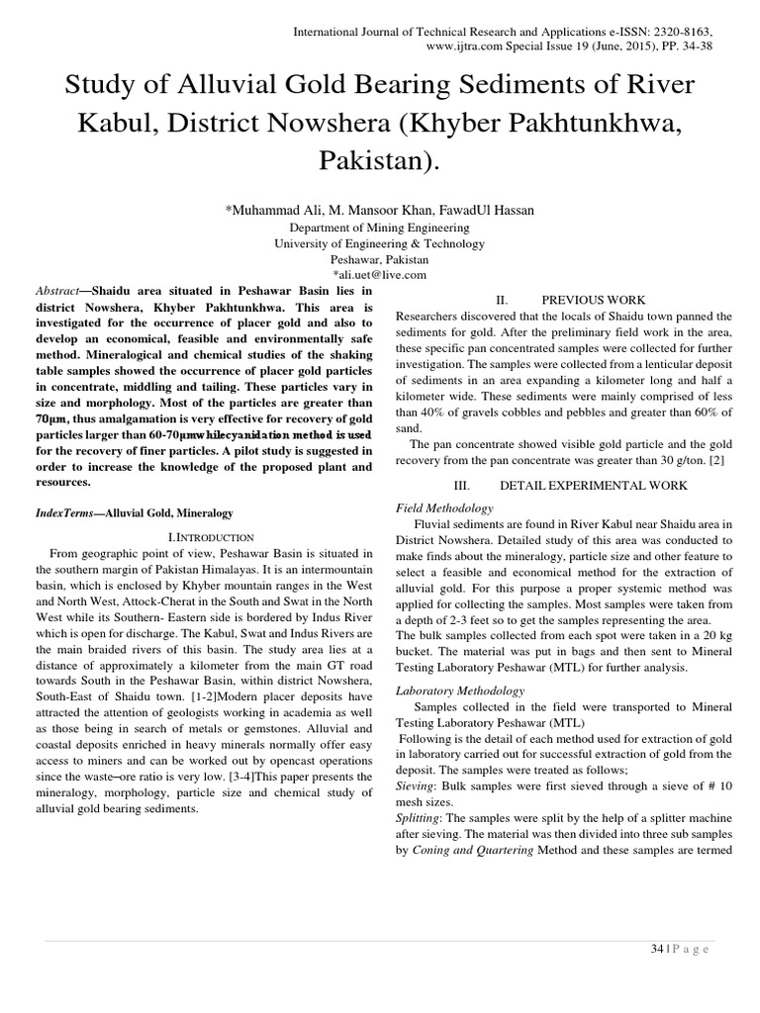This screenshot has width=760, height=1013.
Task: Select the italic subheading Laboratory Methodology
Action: coord(460,691)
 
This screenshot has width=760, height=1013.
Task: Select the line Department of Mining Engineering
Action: coord(380,227)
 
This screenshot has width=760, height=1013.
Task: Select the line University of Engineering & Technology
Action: coord(380,243)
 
